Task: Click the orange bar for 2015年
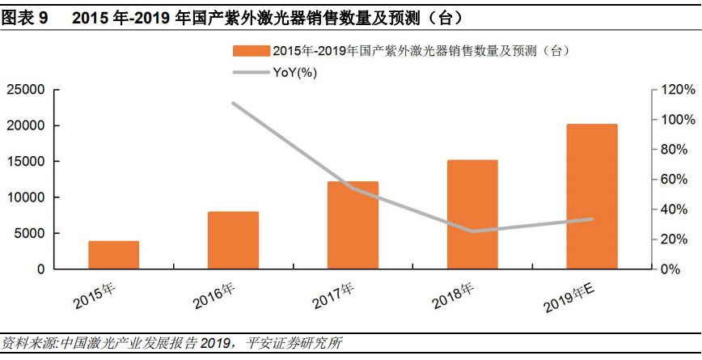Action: (x=113, y=255)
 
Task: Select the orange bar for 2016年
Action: (x=233, y=240)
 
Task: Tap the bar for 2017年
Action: (x=353, y=225)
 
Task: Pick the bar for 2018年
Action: (x=472, y=214)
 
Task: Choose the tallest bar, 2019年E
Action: (x=592, y=197)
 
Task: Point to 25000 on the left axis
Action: (x=26, y=90)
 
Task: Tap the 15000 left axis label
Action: (x=26, y=162)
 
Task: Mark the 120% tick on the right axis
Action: (x=676, y=90)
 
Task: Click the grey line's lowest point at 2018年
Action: (x=472, y=231)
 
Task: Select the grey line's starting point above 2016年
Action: (x=233, y=104)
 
